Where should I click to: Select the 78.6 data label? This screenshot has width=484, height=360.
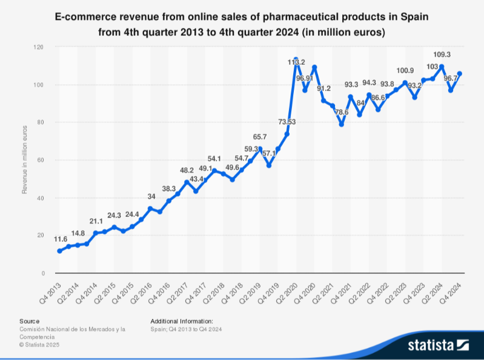pos(342,112)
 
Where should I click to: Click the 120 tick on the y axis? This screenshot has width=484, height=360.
pos(38,47)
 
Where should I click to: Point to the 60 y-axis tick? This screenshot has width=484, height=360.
pos(40,160)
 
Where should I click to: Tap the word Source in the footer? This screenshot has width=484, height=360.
pos(29,321)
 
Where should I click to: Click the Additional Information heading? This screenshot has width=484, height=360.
pos(182,321)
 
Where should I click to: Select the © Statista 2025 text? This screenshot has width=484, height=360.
pos(39,344)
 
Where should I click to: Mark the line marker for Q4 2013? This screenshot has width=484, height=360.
pos(59,251)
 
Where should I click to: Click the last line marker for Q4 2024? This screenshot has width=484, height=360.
pos(460,74)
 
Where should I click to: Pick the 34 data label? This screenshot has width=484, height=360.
pos(151,196)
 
